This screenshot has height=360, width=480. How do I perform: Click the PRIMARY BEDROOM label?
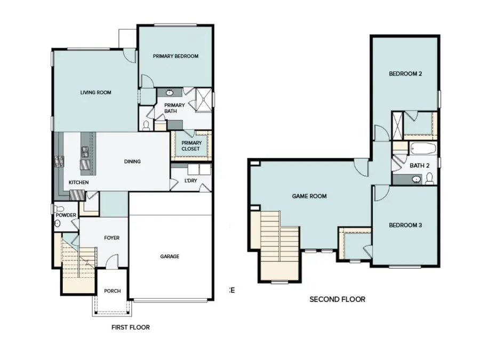175,56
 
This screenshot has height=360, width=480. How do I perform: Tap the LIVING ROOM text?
95,92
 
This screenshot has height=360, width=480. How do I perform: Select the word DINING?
132,162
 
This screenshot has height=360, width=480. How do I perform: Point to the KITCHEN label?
78,182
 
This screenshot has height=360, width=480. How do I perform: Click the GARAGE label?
170,256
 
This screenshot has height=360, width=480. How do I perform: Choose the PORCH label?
112,291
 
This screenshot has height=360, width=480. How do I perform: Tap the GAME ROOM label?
309,196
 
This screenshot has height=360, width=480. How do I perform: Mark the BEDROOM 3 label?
405,225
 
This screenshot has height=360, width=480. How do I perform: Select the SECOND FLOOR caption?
337,299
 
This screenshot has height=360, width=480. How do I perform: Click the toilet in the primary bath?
147,125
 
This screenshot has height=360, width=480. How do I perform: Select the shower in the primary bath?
202,99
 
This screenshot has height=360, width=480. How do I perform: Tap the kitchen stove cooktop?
58,161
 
